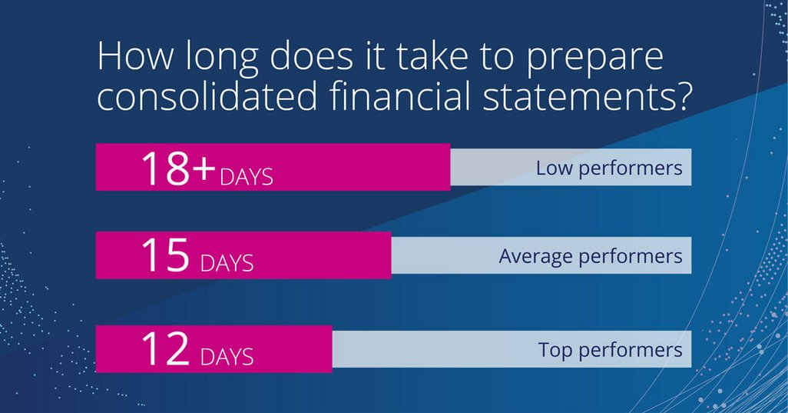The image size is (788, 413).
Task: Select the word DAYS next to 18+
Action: [x=247, y=177]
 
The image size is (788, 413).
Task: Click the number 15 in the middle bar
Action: [x=165, y=255]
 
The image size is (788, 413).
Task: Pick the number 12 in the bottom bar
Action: [x=165, y=348]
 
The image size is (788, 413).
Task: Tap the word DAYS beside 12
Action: [x=227, y=357]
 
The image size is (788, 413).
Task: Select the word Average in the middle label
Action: [x=536, y=256]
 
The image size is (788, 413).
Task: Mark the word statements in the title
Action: [x=575, y=95]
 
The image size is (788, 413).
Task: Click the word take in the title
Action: [x=431, y=55]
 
